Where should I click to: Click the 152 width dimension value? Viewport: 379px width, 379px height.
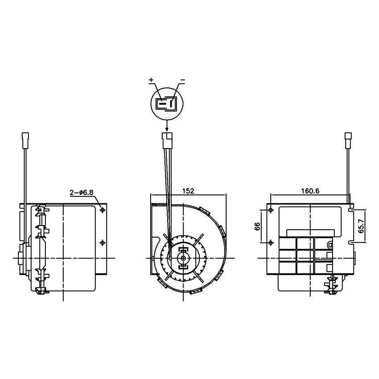coord(188,191)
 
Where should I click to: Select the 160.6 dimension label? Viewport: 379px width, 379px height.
coord(310,191)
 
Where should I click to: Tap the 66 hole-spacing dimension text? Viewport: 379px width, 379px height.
coord(257,226)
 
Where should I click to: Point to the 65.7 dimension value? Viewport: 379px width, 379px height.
coord(362,226)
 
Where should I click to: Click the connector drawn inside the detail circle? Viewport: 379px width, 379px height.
coord(166,104)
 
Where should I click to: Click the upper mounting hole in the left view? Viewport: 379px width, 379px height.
coord(103,209)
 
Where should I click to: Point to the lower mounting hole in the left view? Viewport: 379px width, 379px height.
coord(103,242)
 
